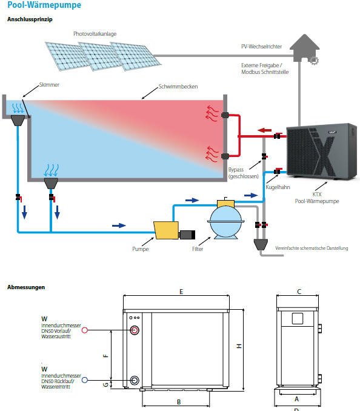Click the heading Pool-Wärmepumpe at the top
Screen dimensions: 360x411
click(44, 5)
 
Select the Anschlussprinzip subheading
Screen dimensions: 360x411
click(30, 19)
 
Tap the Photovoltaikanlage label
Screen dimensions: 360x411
click(95, 34)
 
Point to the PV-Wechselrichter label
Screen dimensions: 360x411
click(261, 47)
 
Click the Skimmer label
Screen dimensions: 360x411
click(49, 85)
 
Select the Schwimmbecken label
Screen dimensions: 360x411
click(178, 87)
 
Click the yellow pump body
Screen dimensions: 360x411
click(167, 230)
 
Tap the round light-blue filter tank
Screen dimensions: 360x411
click(225, 221)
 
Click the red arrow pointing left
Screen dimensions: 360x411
click(264, 130)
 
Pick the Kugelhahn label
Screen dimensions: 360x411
click(278, 187)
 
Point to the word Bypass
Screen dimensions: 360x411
click(236, 170)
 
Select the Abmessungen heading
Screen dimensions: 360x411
click(26, 287)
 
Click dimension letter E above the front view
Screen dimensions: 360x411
click(181, 292)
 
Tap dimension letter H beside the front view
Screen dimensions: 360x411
click(239, 346)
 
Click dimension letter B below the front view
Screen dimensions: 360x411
click(179, 402)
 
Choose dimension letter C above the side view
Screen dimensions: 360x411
click(299, 292)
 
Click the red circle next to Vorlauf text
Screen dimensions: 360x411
click(85, 330)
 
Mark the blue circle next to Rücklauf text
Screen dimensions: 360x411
click(85, 380)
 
